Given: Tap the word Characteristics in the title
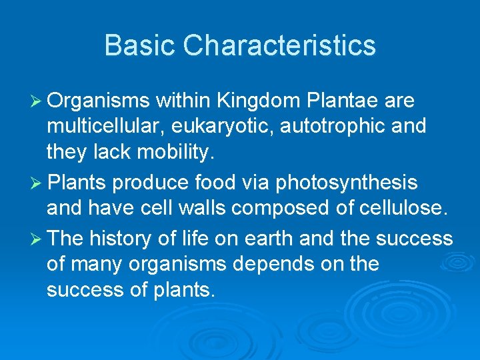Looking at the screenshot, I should click(279, 45).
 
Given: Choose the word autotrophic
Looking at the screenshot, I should click(327, 127).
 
